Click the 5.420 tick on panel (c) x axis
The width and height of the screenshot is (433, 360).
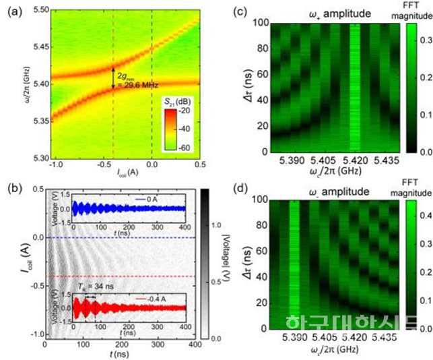[353, 164]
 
